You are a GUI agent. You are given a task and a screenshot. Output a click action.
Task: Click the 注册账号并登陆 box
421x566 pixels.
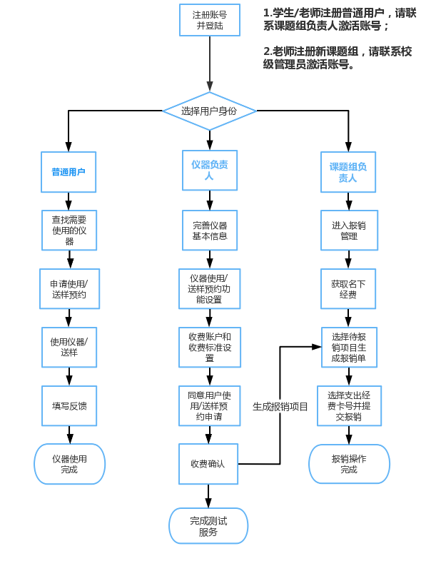[x=210, y=20]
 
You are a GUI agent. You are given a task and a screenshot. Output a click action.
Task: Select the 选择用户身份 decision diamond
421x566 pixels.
[x=210, y=111]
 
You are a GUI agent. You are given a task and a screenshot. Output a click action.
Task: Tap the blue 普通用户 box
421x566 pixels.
[x=69, y=172]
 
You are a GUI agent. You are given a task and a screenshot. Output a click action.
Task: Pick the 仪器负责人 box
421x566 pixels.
[x=210, y=170]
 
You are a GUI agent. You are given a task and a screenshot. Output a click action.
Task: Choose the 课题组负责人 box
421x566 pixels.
[x=348, y=172]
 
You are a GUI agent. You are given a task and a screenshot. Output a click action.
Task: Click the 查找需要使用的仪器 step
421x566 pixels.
[x=69, y=231]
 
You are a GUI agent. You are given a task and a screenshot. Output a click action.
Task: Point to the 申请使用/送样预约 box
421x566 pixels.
[x=70, y=289]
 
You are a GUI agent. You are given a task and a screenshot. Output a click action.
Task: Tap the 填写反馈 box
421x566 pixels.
[x=69, y=405]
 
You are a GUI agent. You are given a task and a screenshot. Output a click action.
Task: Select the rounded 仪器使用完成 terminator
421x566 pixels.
[x=70, y=464]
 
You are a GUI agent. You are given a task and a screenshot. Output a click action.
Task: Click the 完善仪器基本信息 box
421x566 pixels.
[x=210, y=231]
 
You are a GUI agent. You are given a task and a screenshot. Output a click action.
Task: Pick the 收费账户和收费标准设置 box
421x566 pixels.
[x=210, y=348]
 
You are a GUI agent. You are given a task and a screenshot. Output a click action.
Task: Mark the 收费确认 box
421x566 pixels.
[x=208, y=464]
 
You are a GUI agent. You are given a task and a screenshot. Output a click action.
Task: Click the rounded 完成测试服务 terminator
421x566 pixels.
[x=208, y=526]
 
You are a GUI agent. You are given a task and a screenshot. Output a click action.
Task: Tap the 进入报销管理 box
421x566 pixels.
[x=349, y=231]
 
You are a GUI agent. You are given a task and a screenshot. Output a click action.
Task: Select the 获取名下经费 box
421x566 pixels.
[x=348, y=289]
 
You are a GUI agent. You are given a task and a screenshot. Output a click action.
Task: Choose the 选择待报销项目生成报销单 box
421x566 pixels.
[x=349, y=348]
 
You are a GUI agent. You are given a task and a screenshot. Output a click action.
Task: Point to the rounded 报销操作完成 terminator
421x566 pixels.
[x=349, y=464]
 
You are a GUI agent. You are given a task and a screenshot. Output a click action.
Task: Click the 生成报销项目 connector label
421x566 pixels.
[x=280, y=407]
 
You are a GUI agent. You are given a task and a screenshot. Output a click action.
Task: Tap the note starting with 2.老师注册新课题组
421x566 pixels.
[x=338, y=58]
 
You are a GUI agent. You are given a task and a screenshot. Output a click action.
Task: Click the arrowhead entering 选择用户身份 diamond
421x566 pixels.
[x=210, y=86]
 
